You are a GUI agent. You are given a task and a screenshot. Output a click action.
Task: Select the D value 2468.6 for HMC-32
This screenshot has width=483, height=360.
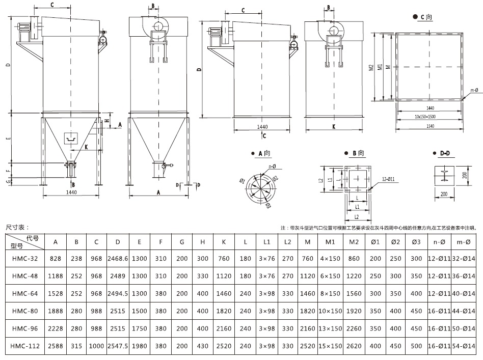click(118, 259)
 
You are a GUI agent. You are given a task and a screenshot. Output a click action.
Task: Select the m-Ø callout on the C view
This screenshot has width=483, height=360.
click(474, 91)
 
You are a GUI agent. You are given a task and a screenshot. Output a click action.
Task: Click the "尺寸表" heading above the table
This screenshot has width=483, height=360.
click(17, 227)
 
